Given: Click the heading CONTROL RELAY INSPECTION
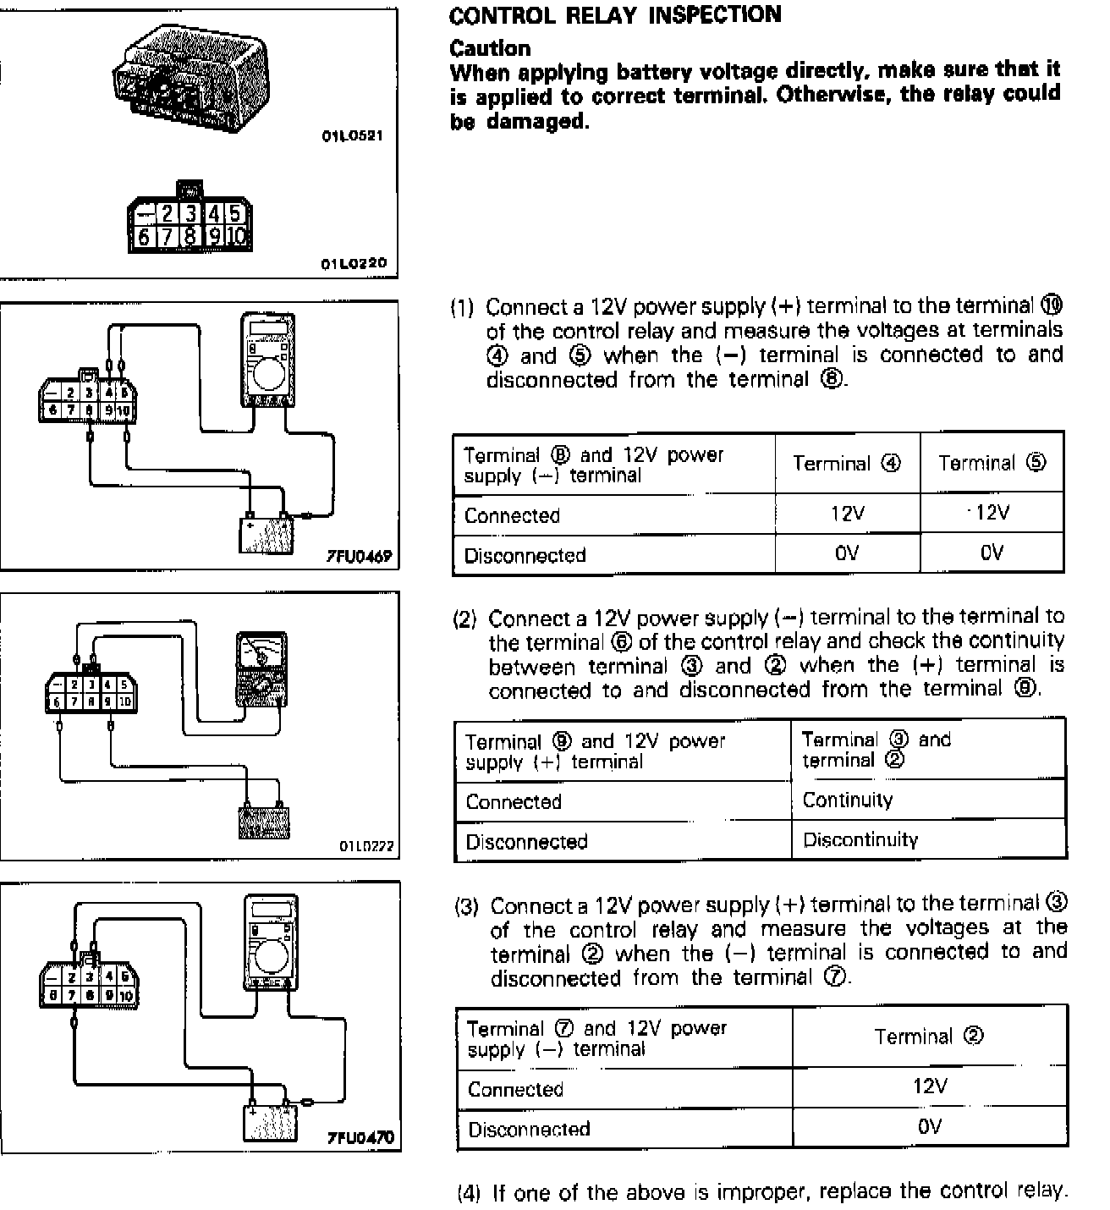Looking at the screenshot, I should pyautogui.click(x=615, y=15).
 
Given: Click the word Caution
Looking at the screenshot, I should pyautogui.click(x=490, y=47).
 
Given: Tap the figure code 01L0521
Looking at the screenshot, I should pyautogui.click(x=352, y=136).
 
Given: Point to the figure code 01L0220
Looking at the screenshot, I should pyautogui.click(x=353, y=264).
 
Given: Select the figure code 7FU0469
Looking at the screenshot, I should pyautogui.click(x=360, y=556).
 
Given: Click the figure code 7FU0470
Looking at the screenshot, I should pyautogui.click(x=360, y=1138).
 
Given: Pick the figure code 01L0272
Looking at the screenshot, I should pyautogui.click(x=366, y=845).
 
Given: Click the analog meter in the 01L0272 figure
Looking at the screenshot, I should pyautogui.click(x=262, y=668).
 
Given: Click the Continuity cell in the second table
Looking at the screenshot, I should pyautogui.click(x=847, y=800).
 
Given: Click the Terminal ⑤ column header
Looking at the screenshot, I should pyautogui.click(x=992, y=463).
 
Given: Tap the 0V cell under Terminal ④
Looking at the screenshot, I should pyautogui.click(x=846, y=553).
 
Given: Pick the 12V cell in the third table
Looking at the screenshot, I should pyautogui.click(x=929, y=1086).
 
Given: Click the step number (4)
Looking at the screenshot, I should pyautogui.click(x=469, y=1193).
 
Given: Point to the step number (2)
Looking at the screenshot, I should pyautogui.click(x=465, y=619).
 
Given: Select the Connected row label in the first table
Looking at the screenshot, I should pyautogui.click(x=512, y=515).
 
